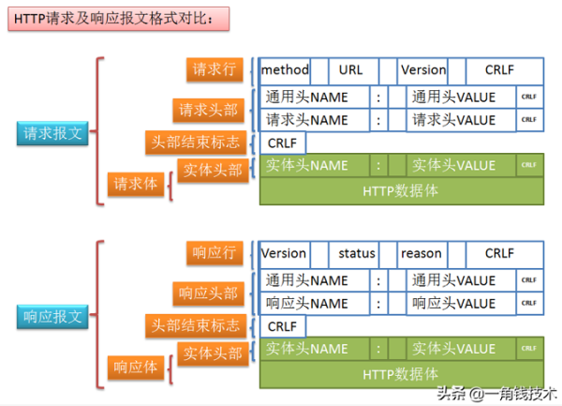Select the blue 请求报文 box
click(x=53, y=132)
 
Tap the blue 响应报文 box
click(x=53, y=316)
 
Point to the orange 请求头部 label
click(x=209, y=110)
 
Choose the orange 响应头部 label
click(x=209, y=293)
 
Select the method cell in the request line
click(x=285, y=70)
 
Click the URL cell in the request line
click(x=351, y=70)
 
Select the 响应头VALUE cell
click(x=461, y=304)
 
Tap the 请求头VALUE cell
click(x=461, y=120)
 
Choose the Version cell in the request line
click(x=422, y=70)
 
